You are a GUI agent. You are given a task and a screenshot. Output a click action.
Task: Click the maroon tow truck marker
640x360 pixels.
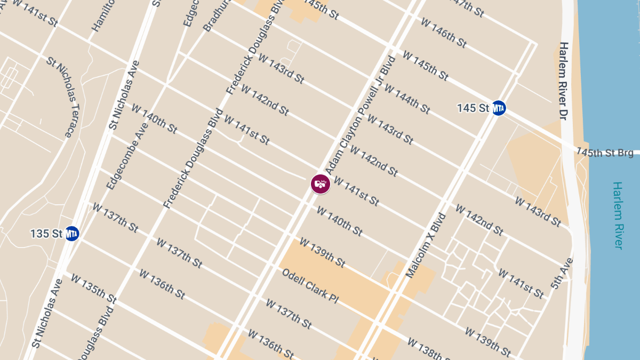321,184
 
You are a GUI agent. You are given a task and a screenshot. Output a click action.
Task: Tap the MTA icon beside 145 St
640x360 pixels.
499,108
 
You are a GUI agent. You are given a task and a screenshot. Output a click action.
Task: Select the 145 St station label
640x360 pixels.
473,108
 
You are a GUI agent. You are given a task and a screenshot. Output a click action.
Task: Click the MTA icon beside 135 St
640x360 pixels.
72,233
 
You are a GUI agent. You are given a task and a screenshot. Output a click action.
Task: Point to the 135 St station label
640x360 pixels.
47,234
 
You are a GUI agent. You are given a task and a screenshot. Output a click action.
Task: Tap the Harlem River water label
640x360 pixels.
618,215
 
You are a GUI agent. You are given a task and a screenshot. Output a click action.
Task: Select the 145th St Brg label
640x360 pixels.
605,153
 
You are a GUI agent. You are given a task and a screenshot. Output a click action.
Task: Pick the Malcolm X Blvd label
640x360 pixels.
425,246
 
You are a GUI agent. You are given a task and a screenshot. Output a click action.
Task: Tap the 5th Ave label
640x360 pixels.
562,274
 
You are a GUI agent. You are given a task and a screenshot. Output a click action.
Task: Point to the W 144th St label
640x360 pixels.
407,100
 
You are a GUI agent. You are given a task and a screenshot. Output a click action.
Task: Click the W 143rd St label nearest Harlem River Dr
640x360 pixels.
538,211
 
